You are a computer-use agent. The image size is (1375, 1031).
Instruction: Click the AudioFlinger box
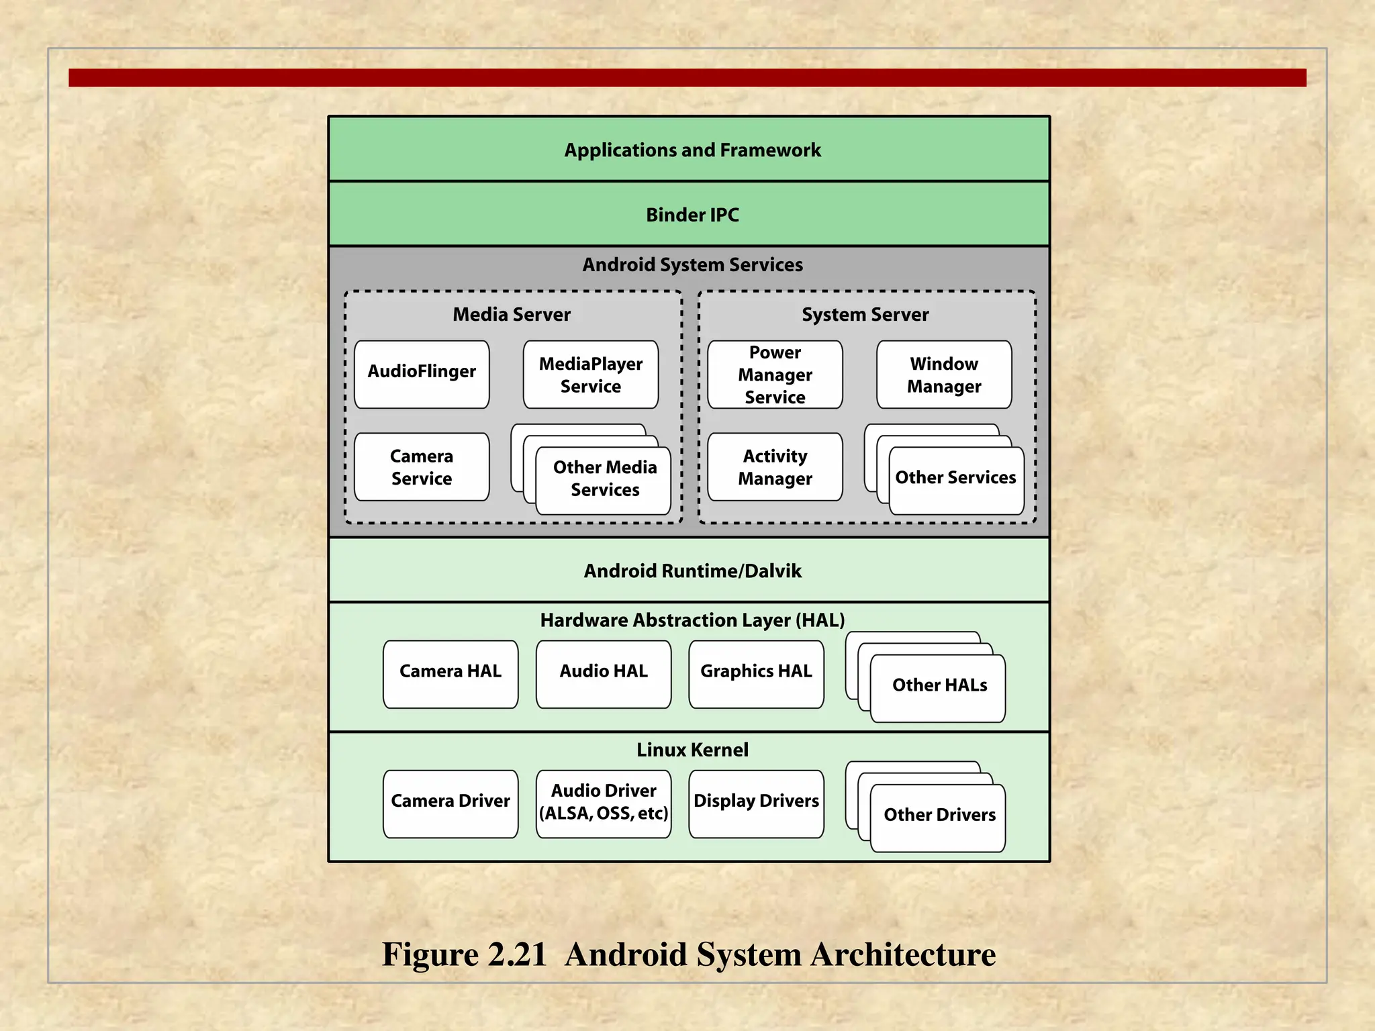(422, 374)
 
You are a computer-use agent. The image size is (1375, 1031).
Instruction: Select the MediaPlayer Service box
(591, 374)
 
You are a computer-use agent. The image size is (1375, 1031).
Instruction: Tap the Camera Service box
(422, 467)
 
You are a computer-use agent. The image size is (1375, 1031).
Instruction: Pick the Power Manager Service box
(775, 374)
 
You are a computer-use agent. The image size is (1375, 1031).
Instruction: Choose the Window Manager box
(944, 374)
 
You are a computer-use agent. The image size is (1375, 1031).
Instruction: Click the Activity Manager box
(775, 467)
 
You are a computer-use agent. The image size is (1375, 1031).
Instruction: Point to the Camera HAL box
(451, 673)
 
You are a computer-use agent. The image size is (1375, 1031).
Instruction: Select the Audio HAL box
(604, 673)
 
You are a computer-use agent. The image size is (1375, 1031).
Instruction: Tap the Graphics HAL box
(756, 673)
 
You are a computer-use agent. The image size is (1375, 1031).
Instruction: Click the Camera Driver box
(451, 803)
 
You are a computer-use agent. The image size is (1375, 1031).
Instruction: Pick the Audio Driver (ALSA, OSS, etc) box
(604, 803)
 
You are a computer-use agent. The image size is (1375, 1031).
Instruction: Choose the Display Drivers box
(756, 803)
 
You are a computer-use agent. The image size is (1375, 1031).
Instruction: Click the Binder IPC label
(692, 215)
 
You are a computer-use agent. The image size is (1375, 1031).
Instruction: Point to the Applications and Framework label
(692, 150)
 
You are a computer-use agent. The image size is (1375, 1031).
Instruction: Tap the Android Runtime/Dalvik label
(692, 571)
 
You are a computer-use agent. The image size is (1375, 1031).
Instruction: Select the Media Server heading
(512, 314)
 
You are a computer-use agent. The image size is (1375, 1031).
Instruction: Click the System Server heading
(865, 314)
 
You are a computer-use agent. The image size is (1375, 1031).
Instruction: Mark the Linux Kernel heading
(692, 750)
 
